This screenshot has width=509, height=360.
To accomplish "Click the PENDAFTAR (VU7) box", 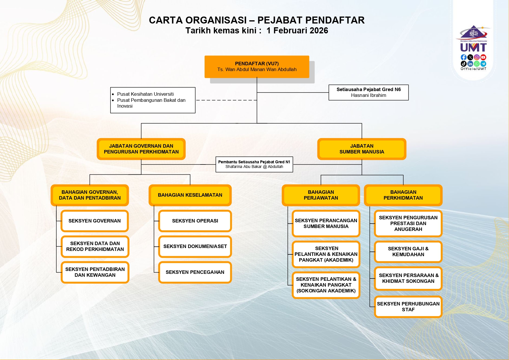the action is (257, 67).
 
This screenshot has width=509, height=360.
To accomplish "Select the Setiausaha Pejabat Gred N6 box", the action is (369, 93).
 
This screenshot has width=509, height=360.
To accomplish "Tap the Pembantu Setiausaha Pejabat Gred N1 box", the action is (254, 164).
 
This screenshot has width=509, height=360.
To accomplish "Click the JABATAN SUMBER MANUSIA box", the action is (362, 149).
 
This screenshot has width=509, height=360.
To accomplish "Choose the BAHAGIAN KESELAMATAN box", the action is (190, 195).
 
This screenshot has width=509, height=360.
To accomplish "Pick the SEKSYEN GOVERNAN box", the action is (95, 221).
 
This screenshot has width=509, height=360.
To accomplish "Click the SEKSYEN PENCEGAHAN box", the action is (195, 272).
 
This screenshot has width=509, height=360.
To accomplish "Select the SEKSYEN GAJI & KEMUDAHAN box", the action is (408, 252).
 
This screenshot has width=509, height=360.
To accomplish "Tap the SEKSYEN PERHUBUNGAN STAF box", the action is (408, 307).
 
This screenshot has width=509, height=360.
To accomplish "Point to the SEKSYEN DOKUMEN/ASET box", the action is (195, 247).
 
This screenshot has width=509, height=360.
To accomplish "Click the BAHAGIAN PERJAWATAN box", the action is (321, 195).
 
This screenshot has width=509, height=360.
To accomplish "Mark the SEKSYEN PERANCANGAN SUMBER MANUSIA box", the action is (326, 224).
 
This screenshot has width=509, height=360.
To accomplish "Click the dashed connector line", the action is (226, 100).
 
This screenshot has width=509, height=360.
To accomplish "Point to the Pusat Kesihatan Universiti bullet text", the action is (145, 94).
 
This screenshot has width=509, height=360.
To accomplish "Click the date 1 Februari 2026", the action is (297, 30).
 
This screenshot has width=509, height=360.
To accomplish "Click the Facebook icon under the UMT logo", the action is (464, 57).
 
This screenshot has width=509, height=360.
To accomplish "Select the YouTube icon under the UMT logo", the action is (483, 57).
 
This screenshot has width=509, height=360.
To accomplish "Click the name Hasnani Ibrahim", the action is (369, 95).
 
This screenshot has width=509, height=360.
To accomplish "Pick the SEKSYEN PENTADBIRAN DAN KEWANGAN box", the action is (95, 272).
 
